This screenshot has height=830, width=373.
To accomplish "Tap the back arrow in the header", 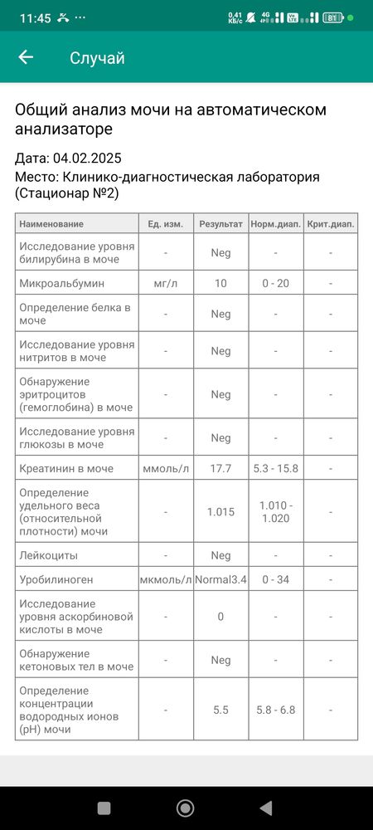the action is [x=26, y=57].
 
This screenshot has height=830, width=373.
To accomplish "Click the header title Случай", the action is [x=97, y=57].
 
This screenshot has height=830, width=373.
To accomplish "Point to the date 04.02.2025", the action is [x=86, y=158].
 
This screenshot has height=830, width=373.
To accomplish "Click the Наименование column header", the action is [x=51, y=224].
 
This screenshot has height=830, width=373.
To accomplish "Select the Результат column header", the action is [x=220, y=224].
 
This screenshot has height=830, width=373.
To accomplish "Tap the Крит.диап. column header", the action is [x=330, y=224].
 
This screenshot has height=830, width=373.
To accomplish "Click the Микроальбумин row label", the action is [x=61, y=283].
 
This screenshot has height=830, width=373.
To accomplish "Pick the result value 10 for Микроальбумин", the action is [x=220, y=283].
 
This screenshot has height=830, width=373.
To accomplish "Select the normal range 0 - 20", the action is [x=275, y=283].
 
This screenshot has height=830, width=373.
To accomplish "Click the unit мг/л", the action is [x=166, y=283].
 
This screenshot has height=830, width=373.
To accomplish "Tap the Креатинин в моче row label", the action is [x=66, y=469].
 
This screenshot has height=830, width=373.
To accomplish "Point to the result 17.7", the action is [x=220, y=469].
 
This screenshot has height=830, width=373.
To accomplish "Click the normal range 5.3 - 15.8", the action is [x=275, y=469].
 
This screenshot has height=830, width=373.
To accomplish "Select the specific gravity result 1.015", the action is [x=220, y=512].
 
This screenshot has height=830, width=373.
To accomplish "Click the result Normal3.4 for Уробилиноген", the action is [x=220, y=579].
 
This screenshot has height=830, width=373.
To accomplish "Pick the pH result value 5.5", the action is [x=220, y=710].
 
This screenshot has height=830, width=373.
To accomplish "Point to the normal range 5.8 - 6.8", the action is [x=275, y=710].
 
